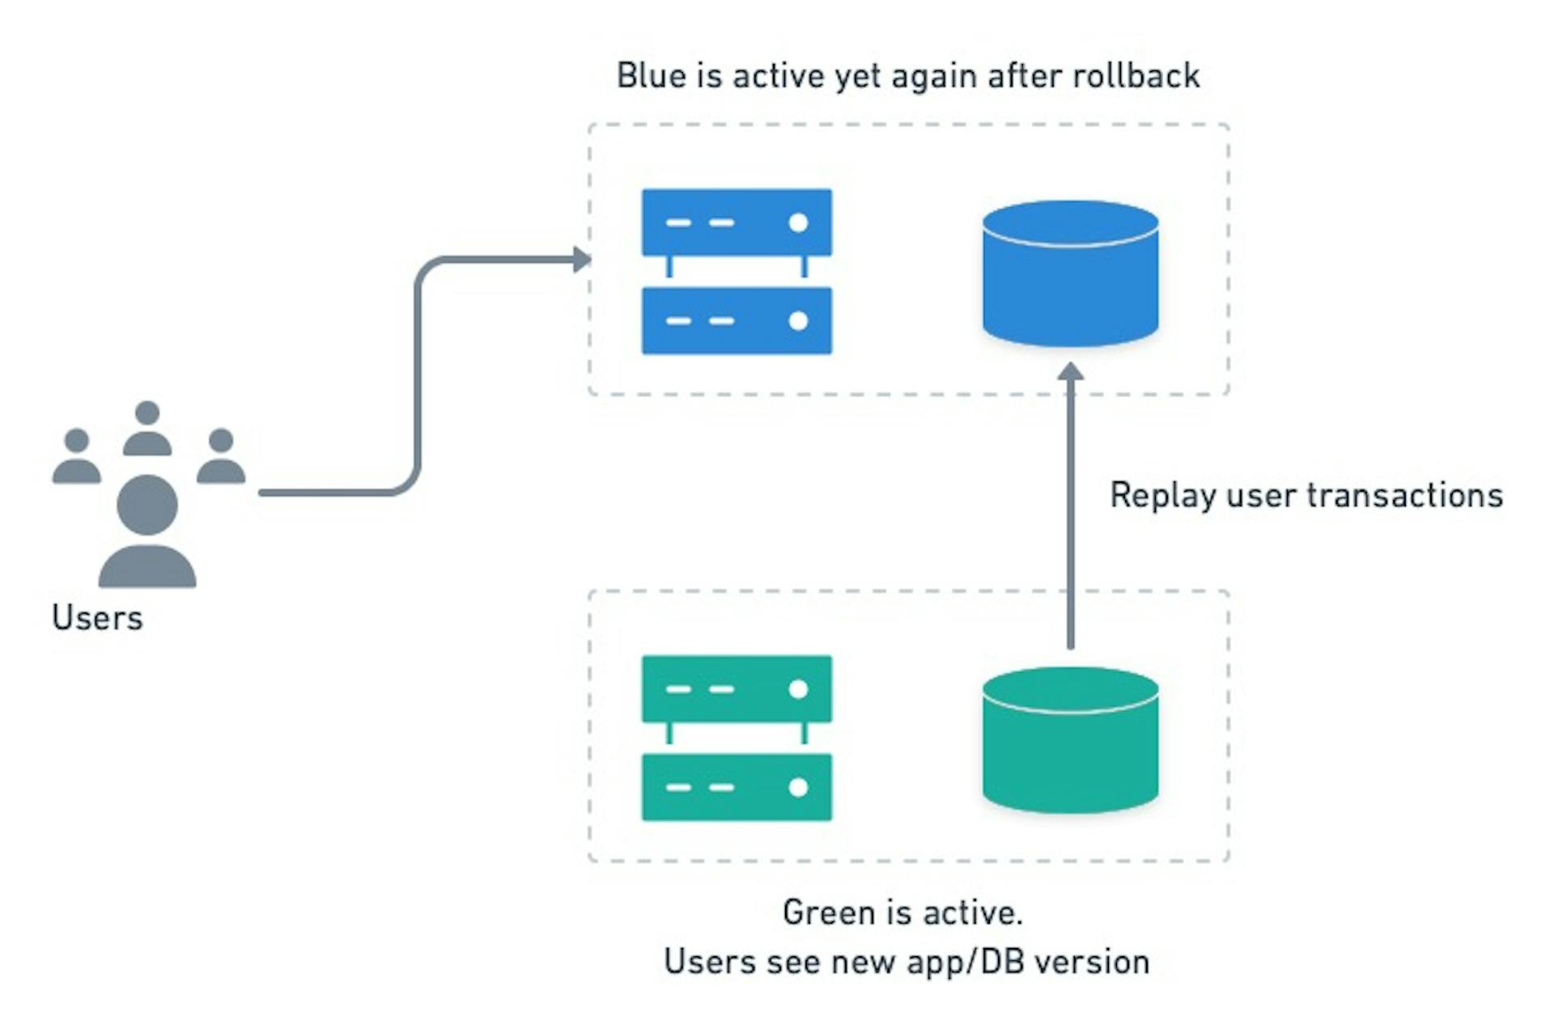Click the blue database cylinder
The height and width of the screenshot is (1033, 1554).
tap(1070, 275)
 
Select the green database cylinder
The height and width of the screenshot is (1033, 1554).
tap(1070, 742)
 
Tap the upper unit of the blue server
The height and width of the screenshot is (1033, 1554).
tap(737, 222)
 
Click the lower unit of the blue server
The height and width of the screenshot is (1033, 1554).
tap(737, 320)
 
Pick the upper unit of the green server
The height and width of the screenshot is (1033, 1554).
tap(737, 689)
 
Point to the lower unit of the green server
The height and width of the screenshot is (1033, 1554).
tap(737, 787)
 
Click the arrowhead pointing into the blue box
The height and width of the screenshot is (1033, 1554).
tap(582, 260)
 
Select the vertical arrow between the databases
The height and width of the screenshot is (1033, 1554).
tap(1070, 510)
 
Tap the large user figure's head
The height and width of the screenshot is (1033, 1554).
tap(147, 505)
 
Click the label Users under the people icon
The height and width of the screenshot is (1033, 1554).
tap(97, 618)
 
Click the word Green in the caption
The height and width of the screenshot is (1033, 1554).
tap(829, 913)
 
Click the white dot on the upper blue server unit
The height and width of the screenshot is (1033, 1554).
tap(798, 222)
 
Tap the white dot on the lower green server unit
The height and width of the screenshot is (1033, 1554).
tap(798, 787)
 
